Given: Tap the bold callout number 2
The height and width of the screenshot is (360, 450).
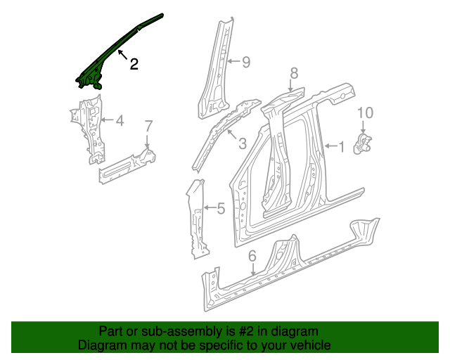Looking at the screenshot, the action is (134, 64).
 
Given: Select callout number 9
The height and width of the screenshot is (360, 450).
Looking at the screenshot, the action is (246, 62).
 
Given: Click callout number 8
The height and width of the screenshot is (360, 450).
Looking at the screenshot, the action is (294, 73).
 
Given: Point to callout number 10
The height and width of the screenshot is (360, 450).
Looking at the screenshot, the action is (366, 112).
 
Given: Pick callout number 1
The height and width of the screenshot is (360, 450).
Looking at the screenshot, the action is (341, 147).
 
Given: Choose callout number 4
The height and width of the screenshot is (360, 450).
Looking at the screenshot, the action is (120, 120).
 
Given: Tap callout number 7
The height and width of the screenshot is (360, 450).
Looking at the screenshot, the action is (148, 127).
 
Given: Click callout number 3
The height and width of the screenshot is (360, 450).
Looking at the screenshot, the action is (243, 143).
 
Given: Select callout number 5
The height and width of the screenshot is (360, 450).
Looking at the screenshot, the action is (221, 208).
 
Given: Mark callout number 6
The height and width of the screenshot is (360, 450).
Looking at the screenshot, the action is (252, 256).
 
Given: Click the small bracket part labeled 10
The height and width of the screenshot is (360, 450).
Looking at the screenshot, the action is (362, 143).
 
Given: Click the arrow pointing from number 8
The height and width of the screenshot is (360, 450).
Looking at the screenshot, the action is (290, 85).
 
